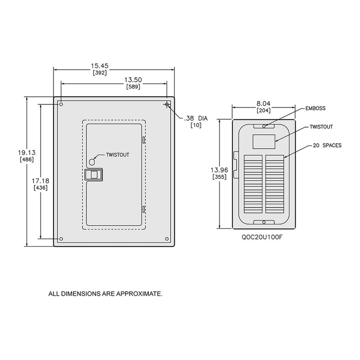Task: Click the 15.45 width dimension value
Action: pos(99,66)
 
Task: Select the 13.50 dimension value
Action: pos(133,80)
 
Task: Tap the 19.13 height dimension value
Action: pos(27,152)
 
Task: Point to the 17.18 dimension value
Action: pos(41,181)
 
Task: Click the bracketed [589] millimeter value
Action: pos(133,86)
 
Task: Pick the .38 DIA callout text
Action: pos(196,118)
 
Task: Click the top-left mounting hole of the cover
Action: pos(61,104)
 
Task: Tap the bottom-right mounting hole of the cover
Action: pos(167,239)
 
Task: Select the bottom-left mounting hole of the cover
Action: pos(61,239)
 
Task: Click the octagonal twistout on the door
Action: pos(92,162)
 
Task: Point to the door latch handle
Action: pos(94,175)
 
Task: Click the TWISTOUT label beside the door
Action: pos(118,155)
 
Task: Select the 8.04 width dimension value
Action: pos(263,103)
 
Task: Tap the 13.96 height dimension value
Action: pos(220,170)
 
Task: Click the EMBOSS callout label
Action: pos(315,109)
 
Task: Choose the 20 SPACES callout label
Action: pos(327,146)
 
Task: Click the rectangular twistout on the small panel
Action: pos(264,141)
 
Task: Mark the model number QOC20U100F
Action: pos(262,237)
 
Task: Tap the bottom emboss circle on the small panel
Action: pos(264,222)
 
